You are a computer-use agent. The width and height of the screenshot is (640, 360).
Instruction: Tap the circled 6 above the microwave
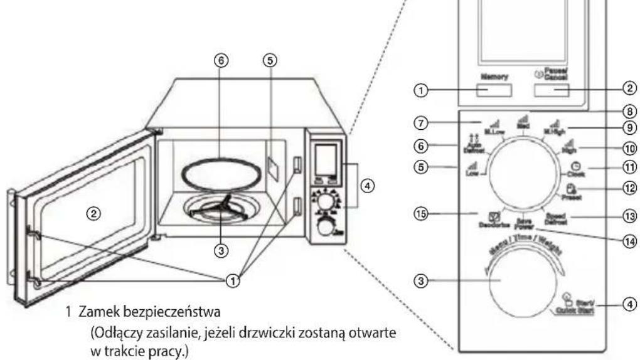(220, 61)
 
